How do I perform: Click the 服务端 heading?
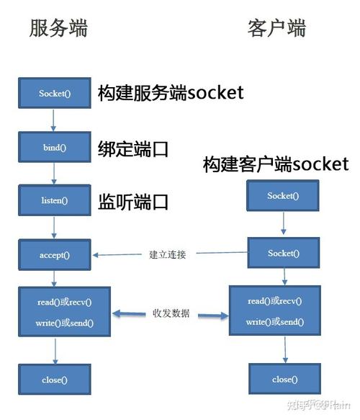click(x=58, y=28)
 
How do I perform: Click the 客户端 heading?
click(x=276, y=28)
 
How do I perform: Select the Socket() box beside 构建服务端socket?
click(x=54, y=94)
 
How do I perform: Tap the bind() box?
click(x=54, y=147)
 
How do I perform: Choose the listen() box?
click(x=54, y=200)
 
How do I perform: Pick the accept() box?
click(x=54, y=254)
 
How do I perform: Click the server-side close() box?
click(x=54, y=380)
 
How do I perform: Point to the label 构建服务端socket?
click(x=171, y=92)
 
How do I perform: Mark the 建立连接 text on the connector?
click(x=167, y=254)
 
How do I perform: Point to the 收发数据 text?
click(x=171, y=314)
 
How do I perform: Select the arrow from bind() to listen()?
click(x=54, y=174)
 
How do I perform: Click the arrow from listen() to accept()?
click(x=54, y=227)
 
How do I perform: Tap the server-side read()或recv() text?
click(x=64, y=302)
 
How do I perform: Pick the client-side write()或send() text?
click(x=274, y=321)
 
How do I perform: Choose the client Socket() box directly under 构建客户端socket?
click(x=282, y=196)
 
